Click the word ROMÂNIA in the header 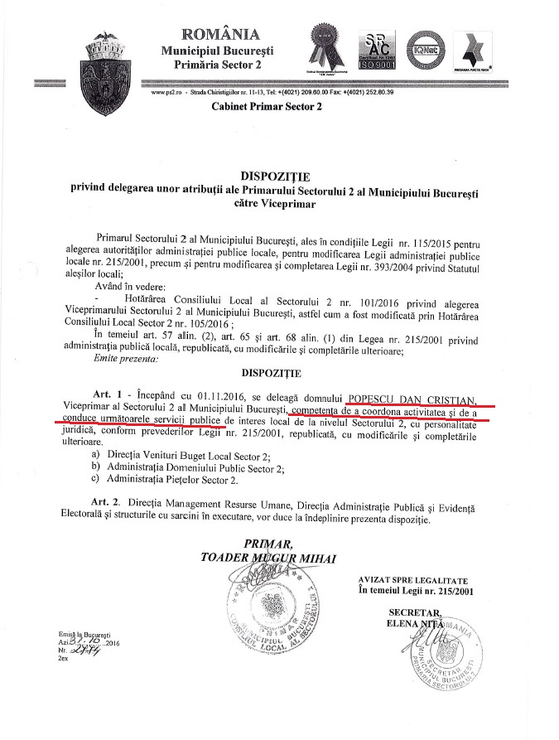click(x=219, y=34)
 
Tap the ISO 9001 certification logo click(x=378, y=51)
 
